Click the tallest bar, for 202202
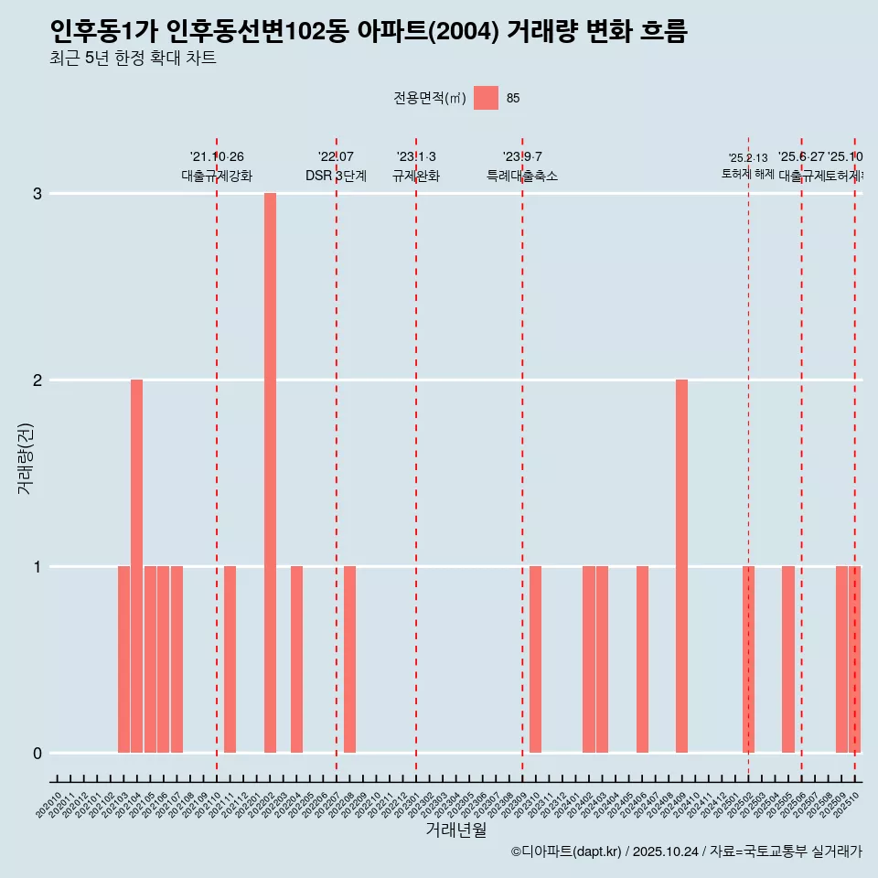tap(270, 473)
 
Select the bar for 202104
tap(136, 566)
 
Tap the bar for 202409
tap(681, 566)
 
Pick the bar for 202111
tap(230, 659)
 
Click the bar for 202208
tap(349, 659)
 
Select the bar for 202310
tap(535, 659)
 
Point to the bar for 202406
tap(642, 659)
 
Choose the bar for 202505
tap(787, 659)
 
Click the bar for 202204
tap(296, 659)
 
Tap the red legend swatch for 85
tap(486, 98)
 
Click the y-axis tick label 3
tap(37, 194)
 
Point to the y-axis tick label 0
tap(37, 754)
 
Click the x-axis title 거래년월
tap(455, 830)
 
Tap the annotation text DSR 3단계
tap(336, 176)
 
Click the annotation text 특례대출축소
tap(522, 176)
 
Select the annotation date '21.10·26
tap(217, 157)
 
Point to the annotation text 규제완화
tap(416, 176)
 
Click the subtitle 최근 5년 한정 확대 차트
tap(133, 59)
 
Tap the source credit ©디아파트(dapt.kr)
tap(566, 851)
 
